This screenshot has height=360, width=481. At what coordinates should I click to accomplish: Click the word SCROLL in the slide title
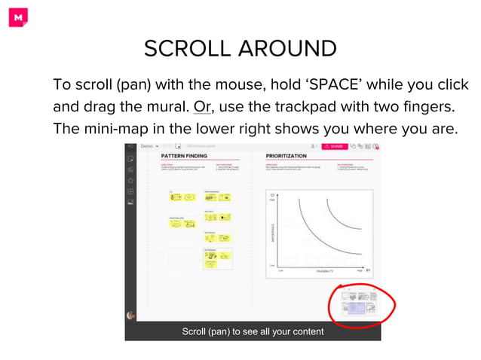(188, 49)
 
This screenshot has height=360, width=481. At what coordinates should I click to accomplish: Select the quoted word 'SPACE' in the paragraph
(336, 84)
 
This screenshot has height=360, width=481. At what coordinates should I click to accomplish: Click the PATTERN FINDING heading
(184, 156)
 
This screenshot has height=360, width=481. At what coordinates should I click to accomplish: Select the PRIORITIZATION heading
(286, 156)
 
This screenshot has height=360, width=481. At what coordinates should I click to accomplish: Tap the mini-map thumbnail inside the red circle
(359, 304)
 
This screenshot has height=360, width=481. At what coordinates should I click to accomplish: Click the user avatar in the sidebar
(131, 316)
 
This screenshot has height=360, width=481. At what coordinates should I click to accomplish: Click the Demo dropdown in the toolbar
(149, 145)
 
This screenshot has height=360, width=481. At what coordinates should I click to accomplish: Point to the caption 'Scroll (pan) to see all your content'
(253, 331)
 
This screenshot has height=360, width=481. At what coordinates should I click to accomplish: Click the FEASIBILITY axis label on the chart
(325, 269)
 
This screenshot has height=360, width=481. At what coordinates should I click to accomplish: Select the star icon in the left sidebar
(131, 181)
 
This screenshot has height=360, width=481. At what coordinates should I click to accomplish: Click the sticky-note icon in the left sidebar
(131, 159)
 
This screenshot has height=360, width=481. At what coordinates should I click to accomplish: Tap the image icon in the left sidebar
(131, 203)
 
